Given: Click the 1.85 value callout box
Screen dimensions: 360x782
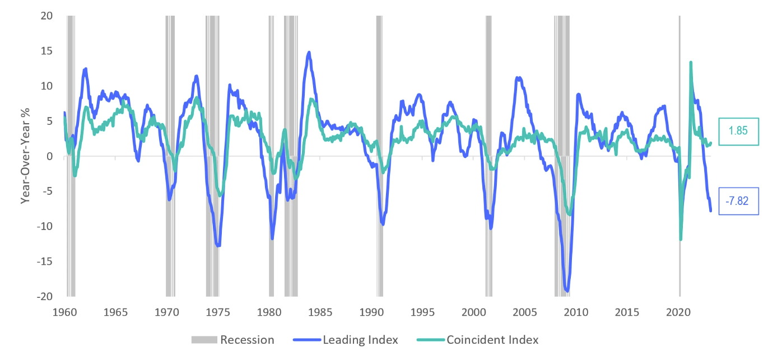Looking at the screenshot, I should point(738,132).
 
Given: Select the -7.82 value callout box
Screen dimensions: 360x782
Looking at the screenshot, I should point(738,200).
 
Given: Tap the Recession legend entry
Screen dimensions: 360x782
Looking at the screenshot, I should point(232,340).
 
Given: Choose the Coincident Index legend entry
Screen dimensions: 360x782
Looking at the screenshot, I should point(478,340).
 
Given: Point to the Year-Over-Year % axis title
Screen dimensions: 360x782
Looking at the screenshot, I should point(25,156).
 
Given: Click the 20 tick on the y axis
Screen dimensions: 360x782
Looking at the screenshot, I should point(46,16).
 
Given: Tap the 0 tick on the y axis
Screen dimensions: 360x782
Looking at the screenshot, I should point(49,156).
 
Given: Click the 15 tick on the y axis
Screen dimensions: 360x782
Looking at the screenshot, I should point(46,51).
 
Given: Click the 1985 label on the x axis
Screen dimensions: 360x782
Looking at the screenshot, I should point(320,311).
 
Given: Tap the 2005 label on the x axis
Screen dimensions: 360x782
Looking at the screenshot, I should point(525,311).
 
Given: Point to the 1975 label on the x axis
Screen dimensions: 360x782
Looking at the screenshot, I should point(218,311).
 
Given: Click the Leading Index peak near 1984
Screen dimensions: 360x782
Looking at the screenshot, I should point(309,52).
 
